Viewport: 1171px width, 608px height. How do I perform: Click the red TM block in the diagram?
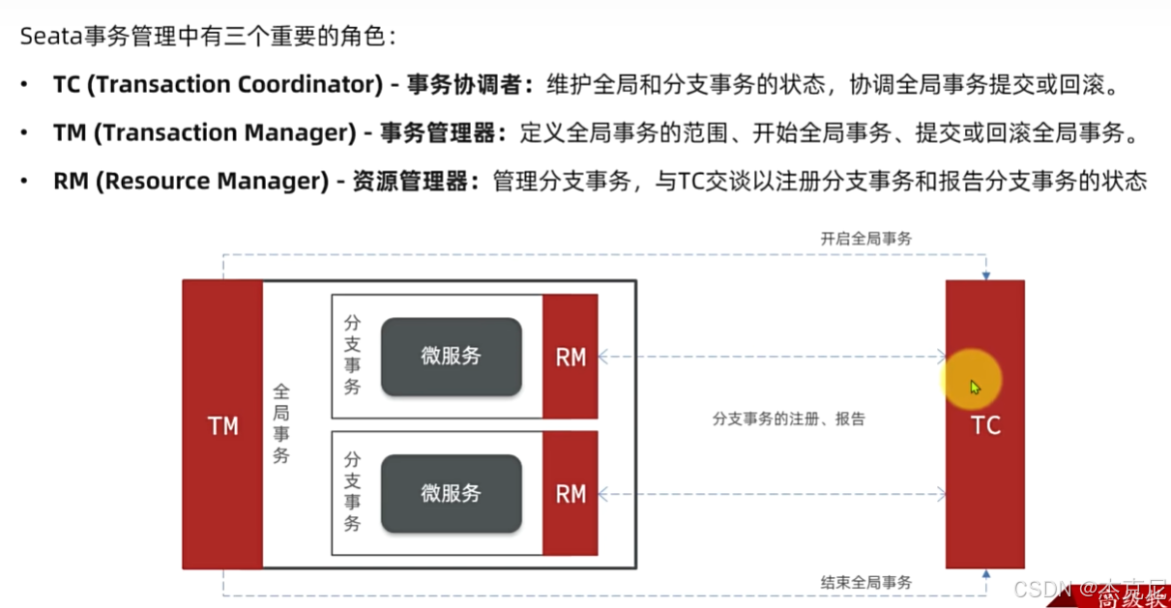(222, 425)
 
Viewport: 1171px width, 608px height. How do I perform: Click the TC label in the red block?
(985, 425)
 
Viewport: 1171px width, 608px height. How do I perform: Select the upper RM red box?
(571, 357)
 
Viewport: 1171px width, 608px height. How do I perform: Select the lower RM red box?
(571, 494)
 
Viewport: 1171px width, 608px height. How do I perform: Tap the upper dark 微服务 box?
(451, 357)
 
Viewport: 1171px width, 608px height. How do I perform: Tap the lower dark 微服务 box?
(451, 494)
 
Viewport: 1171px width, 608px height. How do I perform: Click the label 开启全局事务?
(865, 239)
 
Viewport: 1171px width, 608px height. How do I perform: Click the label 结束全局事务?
(865, 582)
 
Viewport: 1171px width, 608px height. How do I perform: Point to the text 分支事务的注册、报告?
(788, 419)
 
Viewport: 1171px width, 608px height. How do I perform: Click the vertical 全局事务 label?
(281, 423)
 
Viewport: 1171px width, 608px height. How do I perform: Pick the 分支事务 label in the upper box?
(353, 355)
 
